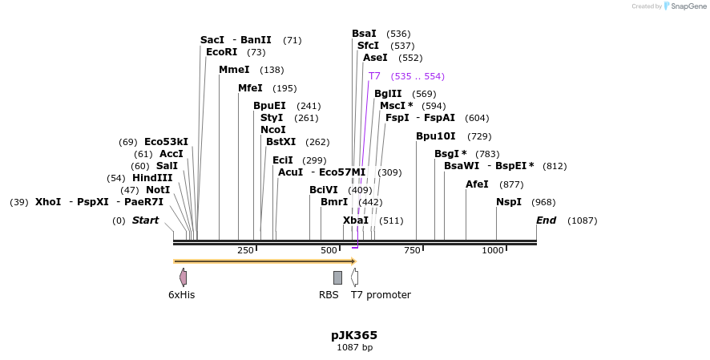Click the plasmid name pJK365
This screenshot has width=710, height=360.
pyautogui.click(x=354, y=335)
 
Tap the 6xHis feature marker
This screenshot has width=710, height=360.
pyautogui.click(x=183, y=277)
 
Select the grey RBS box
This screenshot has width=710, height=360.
pyautogui.click(x=337, y=277)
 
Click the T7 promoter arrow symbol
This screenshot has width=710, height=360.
pyautogui.click(x=354, y=277)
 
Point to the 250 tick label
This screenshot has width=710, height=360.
pyautogui.click(x=245, y=251)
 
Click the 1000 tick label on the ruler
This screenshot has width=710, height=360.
pyautogui.click(x=492, y=251)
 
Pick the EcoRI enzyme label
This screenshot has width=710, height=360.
pyautogui.click(x=221, y=52)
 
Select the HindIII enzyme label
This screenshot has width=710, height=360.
pyautogui.click(x=152, y=178)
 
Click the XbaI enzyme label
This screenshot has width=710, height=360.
pyautogui.click(x=356, y=220)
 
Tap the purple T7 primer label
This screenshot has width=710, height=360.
pyautogui.click(x=374, y=76)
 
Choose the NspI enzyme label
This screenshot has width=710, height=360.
pyautogui.click(x=509, y=202)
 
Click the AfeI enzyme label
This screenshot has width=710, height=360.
pyautogui.click(x=477, y=184)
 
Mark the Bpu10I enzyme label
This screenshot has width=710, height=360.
pyautogui.click(x=435, y=136)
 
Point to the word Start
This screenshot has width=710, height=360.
pyautogui.click(x=145, y=220)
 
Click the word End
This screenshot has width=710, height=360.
pyautogui.click(x=546, y=220)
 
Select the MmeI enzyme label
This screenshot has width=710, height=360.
pyautogui.click(x=234, y=70)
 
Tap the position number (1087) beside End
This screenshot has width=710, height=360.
pyautogui.click(x=582, y=220)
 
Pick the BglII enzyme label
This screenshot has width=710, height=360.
pyautogui.click(x=388, y=94)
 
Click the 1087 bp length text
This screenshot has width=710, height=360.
pyautogui.click(x=354, y=348)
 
